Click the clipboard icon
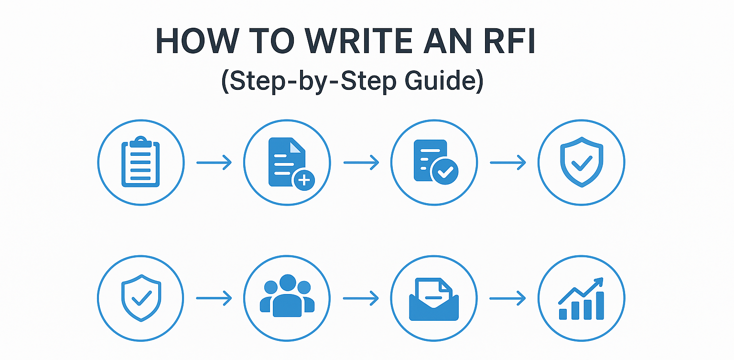[140, 163]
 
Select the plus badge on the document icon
[303, 180]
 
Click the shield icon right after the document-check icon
[581, 163]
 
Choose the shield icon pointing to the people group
[140, 298]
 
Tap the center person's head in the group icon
[287, 283]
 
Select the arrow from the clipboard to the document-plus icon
[214, 163]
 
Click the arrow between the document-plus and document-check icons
[361, 163]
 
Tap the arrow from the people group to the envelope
[361, 299]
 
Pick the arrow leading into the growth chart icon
[507, 299]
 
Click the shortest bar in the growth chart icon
[563, 314]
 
